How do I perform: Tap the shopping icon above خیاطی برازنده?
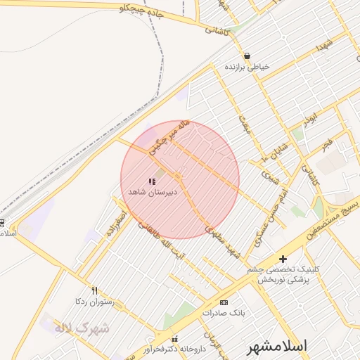click(247, 56)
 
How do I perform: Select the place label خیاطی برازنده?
click(247, 66)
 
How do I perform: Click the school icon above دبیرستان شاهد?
click(152, 181)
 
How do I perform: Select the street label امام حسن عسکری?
click(274, 211)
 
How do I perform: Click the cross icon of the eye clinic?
click(283, 259)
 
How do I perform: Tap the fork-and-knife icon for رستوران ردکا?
click(95, 290)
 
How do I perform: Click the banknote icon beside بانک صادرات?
click(224, 302)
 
